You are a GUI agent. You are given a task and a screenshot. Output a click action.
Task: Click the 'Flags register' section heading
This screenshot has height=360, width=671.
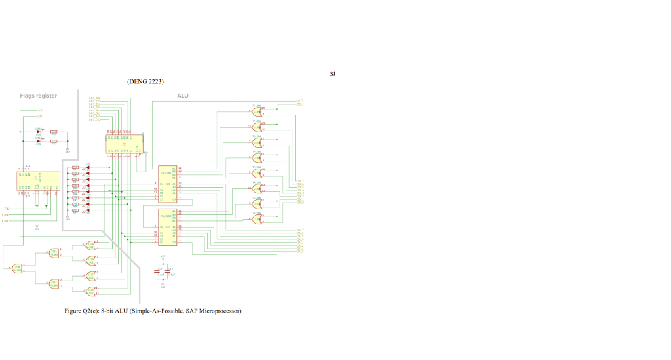(x=38, y=96)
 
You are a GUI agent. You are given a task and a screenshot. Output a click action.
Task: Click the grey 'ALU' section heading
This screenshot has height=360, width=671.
(x=183, y=96)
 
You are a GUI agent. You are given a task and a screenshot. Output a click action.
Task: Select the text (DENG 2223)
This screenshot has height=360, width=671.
(x=145, y=82)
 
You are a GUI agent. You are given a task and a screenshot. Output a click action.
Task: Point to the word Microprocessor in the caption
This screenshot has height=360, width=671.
(x=220, y=310)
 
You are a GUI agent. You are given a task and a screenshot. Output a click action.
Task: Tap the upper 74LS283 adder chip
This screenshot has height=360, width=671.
(x=168, y=184)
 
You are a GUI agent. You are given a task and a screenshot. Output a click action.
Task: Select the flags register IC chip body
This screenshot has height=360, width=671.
(x=38, y=181)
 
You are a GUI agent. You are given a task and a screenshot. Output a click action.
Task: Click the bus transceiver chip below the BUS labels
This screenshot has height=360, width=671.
(x=124, y=142)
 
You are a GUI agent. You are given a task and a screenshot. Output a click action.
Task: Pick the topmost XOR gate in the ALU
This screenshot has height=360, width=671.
(x=257, y=111)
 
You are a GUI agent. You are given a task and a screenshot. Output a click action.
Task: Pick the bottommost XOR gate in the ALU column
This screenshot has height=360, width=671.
(x=257, y=219)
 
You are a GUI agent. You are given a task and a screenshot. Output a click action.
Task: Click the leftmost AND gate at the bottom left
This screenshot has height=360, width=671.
(x=17, y=268)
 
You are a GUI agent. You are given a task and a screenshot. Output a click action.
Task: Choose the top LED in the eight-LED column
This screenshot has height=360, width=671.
(x=87, y=167)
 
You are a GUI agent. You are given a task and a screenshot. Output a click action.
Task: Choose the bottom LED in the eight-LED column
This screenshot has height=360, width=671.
(x=87, y=210)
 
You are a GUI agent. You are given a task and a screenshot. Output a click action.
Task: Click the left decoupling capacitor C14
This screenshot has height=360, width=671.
(x=158, y=270)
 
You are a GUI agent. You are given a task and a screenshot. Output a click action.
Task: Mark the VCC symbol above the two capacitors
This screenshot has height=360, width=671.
(x=163, y=257)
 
